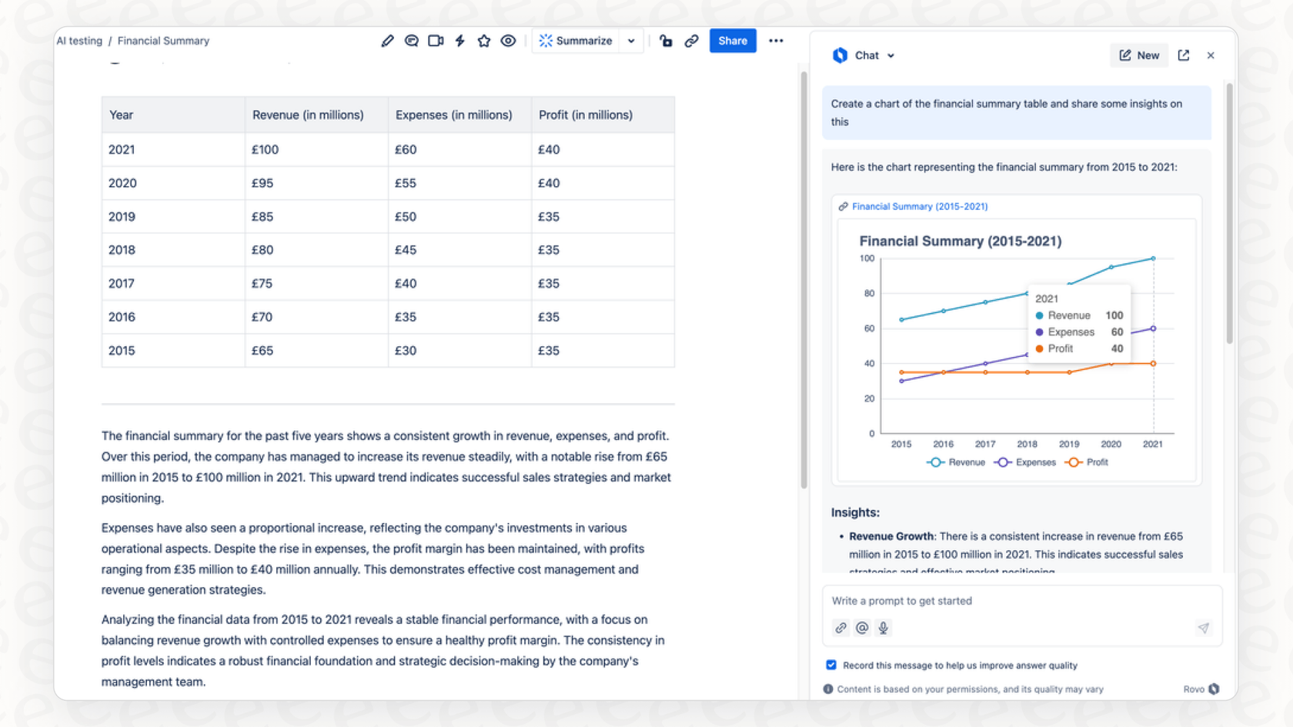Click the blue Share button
(x=732, y=41)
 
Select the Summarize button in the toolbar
(x=576, y=41)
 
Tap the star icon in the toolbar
(x=484, y=41)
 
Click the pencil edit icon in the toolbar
(x=387, y=41)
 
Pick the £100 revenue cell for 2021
(x=266, y=149)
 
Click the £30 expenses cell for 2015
(x=406, y=351)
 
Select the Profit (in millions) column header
(x=586, y=115)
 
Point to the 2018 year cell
(x=122, y=250)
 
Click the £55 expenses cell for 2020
(x=406, y=183)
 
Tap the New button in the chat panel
(x=1139, y=55)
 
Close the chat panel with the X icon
(x=1211, y=55)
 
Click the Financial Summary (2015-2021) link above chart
(x=919, y=206)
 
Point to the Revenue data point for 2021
(x=1153, y=258)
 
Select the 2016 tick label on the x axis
(x=943, y=444)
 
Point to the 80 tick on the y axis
(x=869, y=293)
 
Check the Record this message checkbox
(x=831, y=665)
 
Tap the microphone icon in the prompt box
(x=884, y=628)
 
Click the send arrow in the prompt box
(x=1203, y=628)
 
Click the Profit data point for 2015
(x=901, y=372)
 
